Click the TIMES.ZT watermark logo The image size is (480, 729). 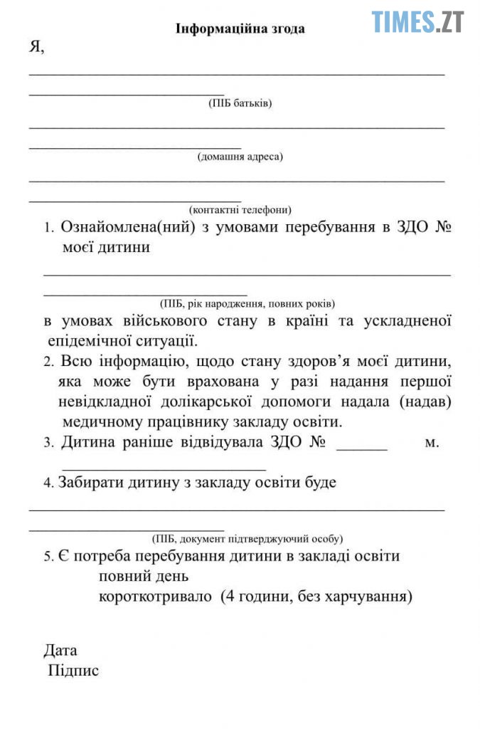tap(417, 21)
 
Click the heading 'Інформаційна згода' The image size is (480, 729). tap(240, 29)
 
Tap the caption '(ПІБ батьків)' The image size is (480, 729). tap(240, 103)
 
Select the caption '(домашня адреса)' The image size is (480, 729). tap(240, 157)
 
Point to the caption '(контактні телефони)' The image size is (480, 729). tap(240, 210)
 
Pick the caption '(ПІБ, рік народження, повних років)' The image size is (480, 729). tap(247, 303)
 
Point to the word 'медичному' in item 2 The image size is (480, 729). tap(103, 421)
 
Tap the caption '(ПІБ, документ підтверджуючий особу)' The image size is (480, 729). tap(247, 539)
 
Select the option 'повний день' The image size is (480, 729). tap(144, 575)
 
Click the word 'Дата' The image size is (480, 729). tap(60, 650)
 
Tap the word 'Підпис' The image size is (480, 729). tap(73, 671)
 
